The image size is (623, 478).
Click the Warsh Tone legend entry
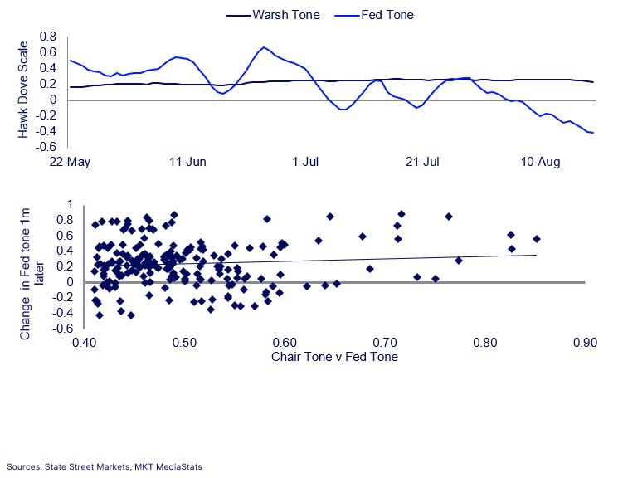pos(273,15)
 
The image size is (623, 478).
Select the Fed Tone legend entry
pos(374,15)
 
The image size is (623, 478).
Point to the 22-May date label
pos(70,162)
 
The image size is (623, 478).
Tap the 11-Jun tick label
pos(188,162)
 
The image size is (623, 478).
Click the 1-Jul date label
pos(305,162)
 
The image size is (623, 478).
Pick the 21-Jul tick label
pos(423,162)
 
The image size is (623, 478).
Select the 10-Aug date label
pos(540,162)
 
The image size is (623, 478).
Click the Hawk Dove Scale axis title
pos(23,90)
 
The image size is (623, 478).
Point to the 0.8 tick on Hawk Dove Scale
pos(47,37)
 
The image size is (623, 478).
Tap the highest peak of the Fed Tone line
pos(264,47)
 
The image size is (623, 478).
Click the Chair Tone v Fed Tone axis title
pos(334,357)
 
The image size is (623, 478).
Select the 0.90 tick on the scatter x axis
pos(585,343)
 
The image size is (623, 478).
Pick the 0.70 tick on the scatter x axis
pos(385,343)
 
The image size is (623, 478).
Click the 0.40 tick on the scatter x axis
pos(85,343)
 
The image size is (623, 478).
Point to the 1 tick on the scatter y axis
pos(71,204)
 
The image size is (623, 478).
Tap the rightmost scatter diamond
pos(537,239)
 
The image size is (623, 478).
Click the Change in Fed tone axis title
pos(31,274)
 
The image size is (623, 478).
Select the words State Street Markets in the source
pos(87,466)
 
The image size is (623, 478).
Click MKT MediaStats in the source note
pos(168,466)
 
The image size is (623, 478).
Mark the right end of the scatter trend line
pos(537,255)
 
